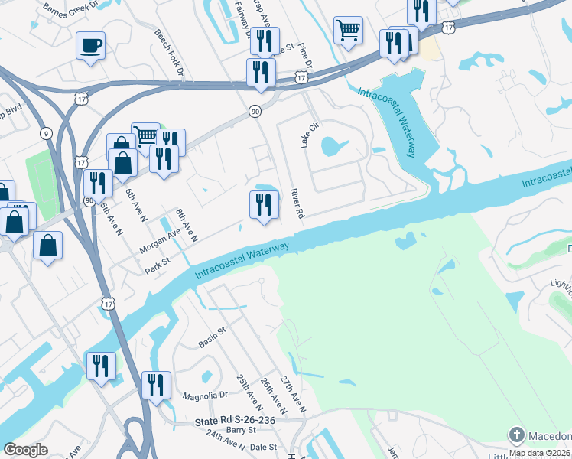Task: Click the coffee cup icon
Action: [x=90, y=45]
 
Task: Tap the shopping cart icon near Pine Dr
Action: [x=348, y=31]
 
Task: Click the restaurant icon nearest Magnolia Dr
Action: [x=157, y=386]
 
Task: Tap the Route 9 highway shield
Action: [x=48, y=134]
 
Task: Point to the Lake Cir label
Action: [x=310, y=135]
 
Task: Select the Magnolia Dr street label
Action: [x=205, y=396]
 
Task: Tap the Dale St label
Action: [x=262, y=447]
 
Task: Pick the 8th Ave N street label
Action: [x=186, y=226]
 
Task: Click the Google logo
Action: [x=25, y=449]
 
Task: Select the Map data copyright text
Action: [x=540, y=453]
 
